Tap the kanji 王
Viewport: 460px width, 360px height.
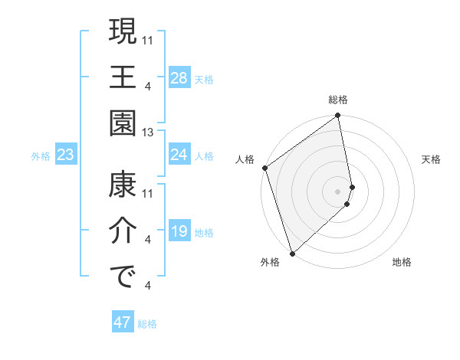123,77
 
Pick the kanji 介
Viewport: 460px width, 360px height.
123,232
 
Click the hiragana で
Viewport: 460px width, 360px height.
123,278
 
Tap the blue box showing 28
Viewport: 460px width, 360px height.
179,78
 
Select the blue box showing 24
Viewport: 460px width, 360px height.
179,155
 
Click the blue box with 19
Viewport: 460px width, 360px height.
179,231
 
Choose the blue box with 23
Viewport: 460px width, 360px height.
66,155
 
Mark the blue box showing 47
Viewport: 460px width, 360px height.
123,322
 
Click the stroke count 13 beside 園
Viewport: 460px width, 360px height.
148,133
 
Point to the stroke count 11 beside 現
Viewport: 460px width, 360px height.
148,40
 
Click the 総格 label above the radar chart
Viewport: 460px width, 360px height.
338,100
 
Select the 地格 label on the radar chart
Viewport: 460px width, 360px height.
402,262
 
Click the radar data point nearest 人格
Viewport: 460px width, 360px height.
264,168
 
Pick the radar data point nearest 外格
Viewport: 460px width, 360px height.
291,253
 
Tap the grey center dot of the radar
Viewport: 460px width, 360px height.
337,191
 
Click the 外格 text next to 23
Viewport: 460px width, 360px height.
41,156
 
